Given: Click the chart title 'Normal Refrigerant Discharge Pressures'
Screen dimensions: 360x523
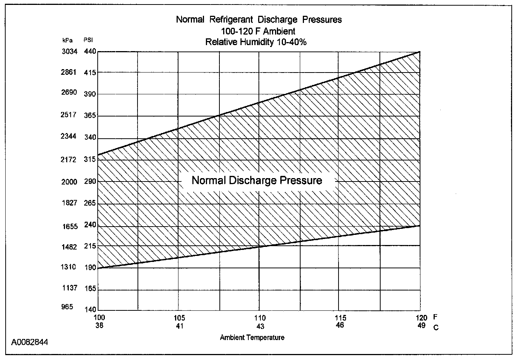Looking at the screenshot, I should (x=259, y=20).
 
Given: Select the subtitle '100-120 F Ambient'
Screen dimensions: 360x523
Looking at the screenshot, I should (x=258, y=31).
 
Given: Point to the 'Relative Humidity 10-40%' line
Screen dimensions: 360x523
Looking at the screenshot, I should (x=256, y=42).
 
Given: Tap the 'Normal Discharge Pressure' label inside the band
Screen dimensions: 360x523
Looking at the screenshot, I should (x=257, y=180).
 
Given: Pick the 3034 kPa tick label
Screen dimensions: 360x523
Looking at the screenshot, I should (x=69, y=51).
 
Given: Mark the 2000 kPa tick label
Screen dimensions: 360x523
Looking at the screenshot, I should (x=69, y=182).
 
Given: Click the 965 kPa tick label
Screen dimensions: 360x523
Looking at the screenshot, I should (x=67, y=307).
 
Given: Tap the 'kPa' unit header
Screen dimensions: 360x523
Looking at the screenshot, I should (x=67, y=40).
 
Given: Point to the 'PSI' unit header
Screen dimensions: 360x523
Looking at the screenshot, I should (x=88, y=40).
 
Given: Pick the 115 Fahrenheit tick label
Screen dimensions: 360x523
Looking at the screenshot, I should (x=340, y=318).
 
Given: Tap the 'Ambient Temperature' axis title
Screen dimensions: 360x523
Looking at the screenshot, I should (x=252, y=337).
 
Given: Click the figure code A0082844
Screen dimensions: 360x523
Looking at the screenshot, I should (x=29, y=342).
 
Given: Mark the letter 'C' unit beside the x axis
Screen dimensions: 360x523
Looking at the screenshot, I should (x=436, y=328).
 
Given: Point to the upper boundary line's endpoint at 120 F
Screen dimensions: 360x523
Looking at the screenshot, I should (x=420, y=51).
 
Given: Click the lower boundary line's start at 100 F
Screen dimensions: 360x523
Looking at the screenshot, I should (x=98, y=268).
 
